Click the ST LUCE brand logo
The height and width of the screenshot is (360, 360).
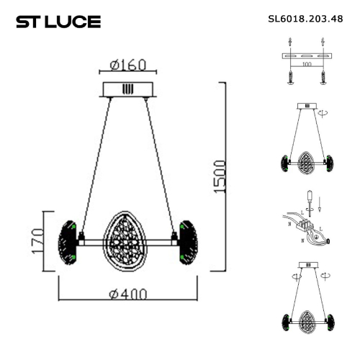coord(58,22)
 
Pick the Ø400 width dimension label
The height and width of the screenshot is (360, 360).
coord(129,294)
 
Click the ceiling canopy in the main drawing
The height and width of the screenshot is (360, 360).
coord(128,89)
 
